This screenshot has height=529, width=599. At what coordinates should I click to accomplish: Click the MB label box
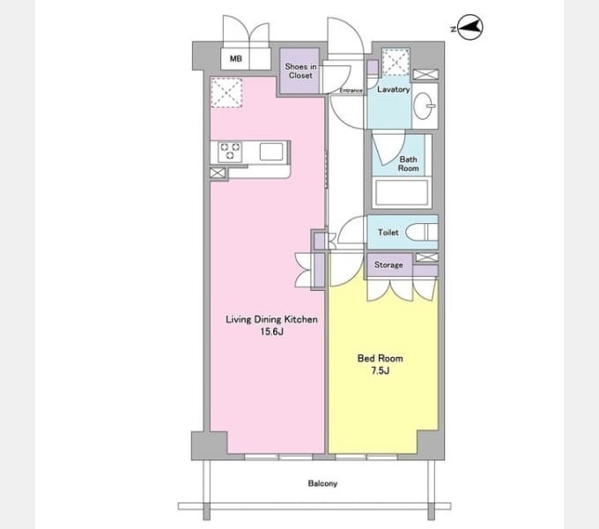236,58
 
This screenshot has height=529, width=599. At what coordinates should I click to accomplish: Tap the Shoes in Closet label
300,71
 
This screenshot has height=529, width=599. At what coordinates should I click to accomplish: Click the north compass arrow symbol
470,27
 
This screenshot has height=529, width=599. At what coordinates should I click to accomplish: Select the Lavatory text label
394,89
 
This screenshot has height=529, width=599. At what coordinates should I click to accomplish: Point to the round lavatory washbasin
424,106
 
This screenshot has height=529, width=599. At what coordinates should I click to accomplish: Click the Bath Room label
409,164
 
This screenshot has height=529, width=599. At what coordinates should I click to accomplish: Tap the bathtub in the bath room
402,193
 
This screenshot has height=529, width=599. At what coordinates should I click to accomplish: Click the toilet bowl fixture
421,232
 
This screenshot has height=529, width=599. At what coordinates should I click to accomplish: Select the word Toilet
388,233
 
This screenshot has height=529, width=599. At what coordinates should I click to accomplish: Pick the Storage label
388,264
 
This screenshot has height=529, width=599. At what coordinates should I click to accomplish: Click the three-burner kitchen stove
230,152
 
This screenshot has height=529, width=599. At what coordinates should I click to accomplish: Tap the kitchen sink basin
271,152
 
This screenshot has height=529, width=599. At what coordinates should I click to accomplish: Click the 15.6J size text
272,332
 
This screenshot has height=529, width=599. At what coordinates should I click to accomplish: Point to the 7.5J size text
381,371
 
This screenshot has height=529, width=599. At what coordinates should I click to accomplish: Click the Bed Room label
381,359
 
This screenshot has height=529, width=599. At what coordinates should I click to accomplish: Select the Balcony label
322,483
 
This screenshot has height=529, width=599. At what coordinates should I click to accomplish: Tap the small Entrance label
351,91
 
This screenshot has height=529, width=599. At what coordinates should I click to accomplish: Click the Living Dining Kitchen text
271,319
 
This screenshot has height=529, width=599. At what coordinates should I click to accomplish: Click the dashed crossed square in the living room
226,93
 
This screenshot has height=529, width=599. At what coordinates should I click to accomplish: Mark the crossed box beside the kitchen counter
218,173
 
